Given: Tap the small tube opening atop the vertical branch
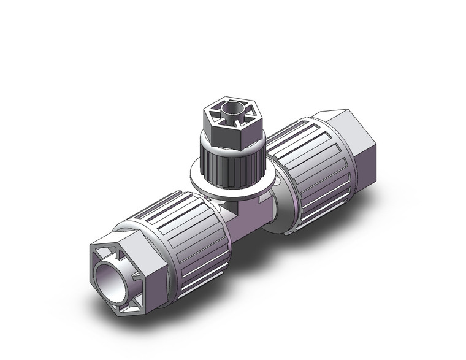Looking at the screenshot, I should tap(231, 112).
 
